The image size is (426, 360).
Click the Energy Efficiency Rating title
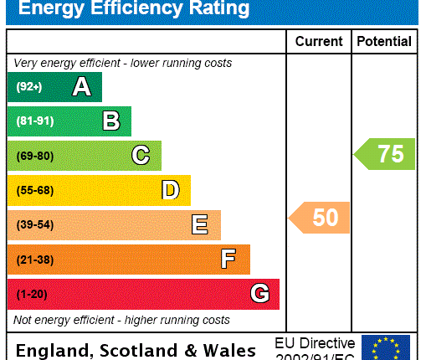[x=134, y=9]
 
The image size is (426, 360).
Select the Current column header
[x=319, y=41]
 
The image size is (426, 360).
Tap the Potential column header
[x=384, y=41]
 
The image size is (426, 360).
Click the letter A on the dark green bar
[x=81, y=86]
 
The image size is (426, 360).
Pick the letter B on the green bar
[x=110, y=121]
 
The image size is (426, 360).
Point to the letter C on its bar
[x=141, y=156]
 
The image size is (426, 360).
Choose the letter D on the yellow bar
[x=170, y=190]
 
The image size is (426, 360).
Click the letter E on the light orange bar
[x=199, y=225]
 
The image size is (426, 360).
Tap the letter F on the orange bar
[x=228, y=260]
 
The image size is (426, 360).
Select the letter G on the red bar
[x=259, y=294]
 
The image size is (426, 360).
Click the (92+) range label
[x=28, y=86]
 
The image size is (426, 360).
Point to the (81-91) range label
[x=34, y=121]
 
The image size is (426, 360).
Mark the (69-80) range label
[x=34, y=156]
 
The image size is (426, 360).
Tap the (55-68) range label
[x=34, y=190]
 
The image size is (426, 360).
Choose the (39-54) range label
[x=34, y=225]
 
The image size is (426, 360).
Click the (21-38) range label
[x=34, y=260]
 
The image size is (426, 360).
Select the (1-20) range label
[x=32, y=294]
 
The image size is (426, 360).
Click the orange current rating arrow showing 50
[x=321, y=218]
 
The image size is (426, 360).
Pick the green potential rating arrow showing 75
[x=385, y=154]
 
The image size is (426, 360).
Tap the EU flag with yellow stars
[x=385, y=347]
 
